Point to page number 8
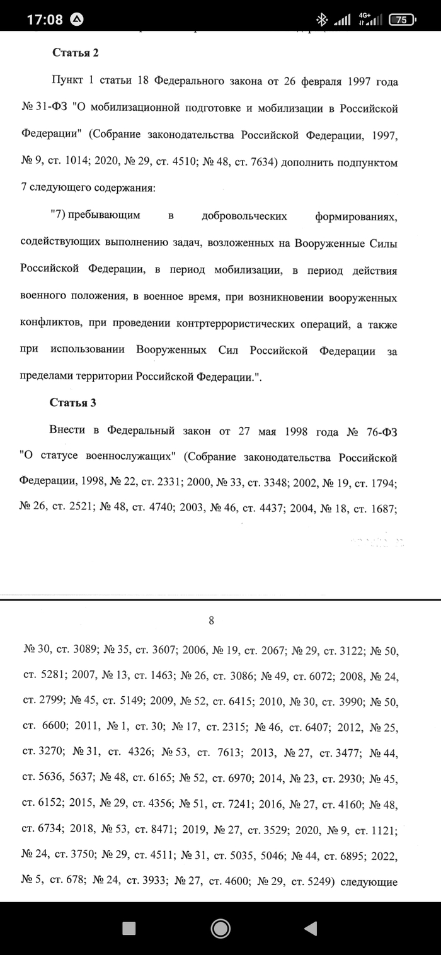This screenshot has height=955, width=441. click(212, 621)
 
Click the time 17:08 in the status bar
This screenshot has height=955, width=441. click(45, 19)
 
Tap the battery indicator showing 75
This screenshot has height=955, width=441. click(402, 20)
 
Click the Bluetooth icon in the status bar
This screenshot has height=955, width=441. click(321, 20)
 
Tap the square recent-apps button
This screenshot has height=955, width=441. click(129, 927)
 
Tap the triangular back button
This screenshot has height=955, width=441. click(310, 927)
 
